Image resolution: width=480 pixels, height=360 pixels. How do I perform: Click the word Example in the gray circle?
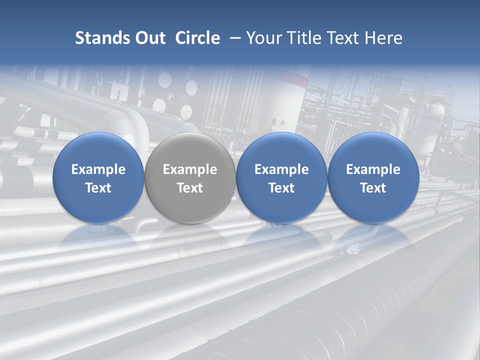click(x=190, y=169)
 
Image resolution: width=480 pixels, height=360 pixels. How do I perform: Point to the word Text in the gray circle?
click(x=190, y=188)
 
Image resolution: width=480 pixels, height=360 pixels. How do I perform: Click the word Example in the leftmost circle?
click(x=98, y=169)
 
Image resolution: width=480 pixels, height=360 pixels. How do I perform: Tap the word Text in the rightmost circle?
click(x=373, y=188)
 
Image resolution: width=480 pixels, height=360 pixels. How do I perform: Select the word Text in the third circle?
click(x=281, y=188)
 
